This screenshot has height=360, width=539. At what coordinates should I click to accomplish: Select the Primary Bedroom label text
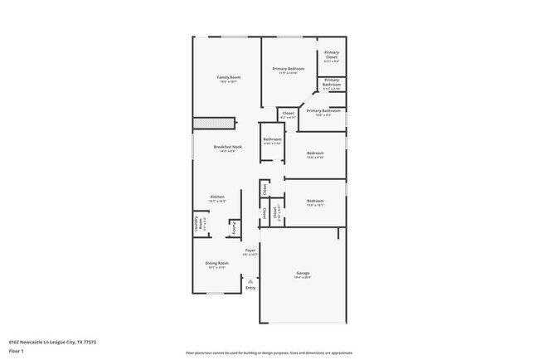coord(288,68)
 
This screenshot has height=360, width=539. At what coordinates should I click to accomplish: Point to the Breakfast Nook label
coord(227,147)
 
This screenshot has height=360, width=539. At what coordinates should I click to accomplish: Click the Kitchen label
coord(217,197)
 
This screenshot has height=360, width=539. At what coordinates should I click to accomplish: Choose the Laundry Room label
coord(197,222)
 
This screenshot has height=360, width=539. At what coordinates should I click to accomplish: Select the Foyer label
coord(250,250)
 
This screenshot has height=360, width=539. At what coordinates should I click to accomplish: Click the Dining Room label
coord(217,264)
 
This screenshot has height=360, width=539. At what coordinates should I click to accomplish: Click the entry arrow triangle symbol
coord(250,280)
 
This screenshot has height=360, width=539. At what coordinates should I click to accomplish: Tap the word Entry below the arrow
coord(250,288)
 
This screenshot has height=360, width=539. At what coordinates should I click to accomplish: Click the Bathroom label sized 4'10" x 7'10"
coord(272,139)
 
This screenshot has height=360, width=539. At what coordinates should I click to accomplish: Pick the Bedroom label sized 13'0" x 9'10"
coord(315,153)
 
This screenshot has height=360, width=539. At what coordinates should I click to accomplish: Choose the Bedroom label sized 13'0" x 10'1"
coord(315,201)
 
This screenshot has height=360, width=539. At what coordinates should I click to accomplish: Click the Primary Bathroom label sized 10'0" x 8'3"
coord(323,111)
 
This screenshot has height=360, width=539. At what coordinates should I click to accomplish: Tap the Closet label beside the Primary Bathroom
coord(289,114)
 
